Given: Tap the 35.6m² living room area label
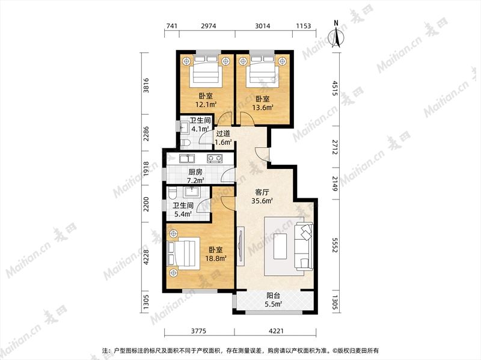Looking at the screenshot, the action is (x=262, y=201).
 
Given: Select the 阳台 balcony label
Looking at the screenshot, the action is (x=273, y=296).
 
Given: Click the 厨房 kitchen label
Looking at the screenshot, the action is (x=195, y=172).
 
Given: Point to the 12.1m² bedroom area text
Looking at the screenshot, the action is (x=206, y=104).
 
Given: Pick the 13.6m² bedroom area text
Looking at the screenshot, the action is (x=263, y=108).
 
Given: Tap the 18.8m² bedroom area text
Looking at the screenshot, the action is (x=216, y=258).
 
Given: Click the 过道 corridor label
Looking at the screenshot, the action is (x=223, y=133).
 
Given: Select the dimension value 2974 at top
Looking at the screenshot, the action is (x=208, y=26).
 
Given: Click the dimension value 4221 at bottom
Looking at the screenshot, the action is (x=276, y=331).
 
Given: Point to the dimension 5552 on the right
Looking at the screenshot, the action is (x=335, y=245).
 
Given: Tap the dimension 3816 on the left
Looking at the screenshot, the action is (x=147, y=85).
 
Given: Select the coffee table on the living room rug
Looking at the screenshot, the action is (x=280, y=246).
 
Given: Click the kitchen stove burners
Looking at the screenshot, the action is (x=215, y=158).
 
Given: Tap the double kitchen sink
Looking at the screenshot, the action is (x=187, y=159).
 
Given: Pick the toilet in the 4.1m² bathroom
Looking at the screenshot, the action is (x=186, y=142).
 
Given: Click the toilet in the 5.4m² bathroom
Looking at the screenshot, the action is (x=172, y=193).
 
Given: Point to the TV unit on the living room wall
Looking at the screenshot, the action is (x=241, y=246).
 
